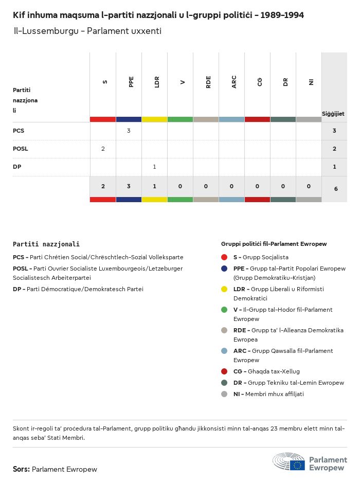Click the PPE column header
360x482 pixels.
[131, 82]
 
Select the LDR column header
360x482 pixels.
[157, 82]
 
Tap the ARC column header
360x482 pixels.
[234, 82]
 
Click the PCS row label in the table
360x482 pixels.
[19, 131]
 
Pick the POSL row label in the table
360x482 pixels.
[21, 149]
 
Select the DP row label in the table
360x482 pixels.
[17, 167]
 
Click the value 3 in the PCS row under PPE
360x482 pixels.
[129, 131]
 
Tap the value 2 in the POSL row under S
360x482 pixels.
[103, 149]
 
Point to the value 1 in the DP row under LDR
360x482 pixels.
[154, 167]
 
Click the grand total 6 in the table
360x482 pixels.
[336, 189]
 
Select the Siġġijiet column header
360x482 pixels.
[333, 114]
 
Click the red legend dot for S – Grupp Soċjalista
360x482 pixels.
[224, 257]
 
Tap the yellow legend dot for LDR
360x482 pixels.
[224, 289]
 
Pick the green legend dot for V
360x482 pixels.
[224, 310]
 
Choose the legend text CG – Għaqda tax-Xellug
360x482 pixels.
[266, 371]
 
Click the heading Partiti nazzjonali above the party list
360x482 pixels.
[46, 244]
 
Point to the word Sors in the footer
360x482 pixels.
[21, 469]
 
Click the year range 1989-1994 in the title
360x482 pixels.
[282, 15]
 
